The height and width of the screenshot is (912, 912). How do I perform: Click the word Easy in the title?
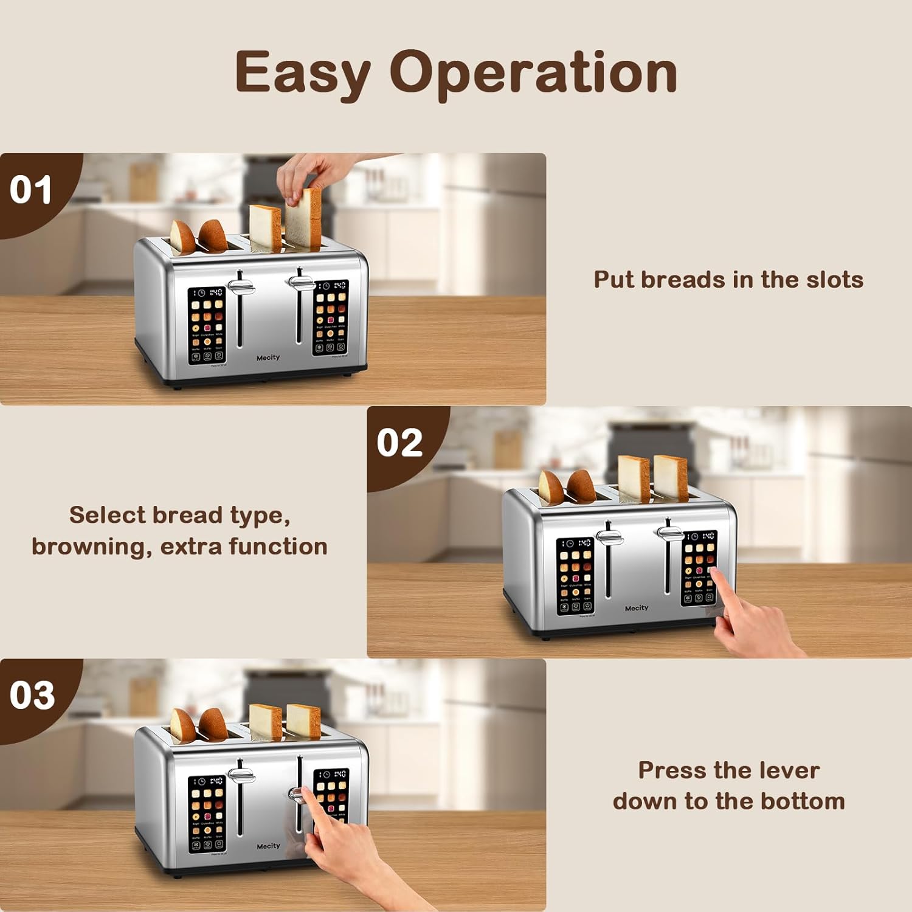pos(302,73)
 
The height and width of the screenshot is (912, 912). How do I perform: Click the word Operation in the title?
pos(533,73)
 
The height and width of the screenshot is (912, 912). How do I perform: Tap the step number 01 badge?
pos(31,190)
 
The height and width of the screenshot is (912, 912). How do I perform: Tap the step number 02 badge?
pos(399,443)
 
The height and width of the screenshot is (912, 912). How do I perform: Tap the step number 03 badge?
pos(32,696)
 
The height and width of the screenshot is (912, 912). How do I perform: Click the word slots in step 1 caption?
pos(834,280)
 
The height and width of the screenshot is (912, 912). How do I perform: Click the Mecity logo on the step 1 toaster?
pos(268,358)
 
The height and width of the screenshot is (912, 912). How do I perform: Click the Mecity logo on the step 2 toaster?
pos(637,608)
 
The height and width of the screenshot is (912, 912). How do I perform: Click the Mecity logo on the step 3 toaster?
pos(268,846)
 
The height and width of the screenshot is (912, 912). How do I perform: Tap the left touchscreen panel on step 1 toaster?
pos(207,326)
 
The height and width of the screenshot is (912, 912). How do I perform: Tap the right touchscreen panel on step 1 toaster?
pos(331,318)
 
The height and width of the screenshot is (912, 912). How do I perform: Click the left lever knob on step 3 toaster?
pos(241,776)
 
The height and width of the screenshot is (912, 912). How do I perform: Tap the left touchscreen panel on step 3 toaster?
pos(207,814)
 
